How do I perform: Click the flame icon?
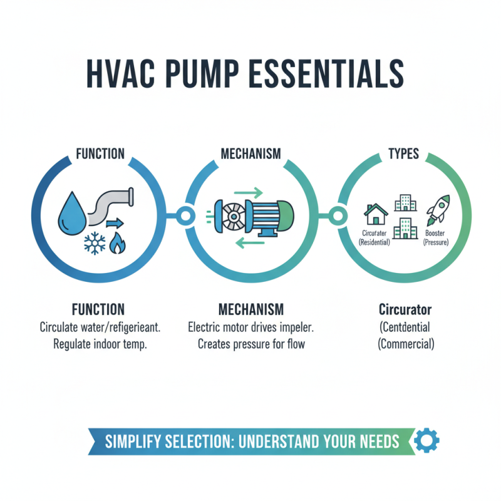tap(117, 243)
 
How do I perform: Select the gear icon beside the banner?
tap(427, 440)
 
